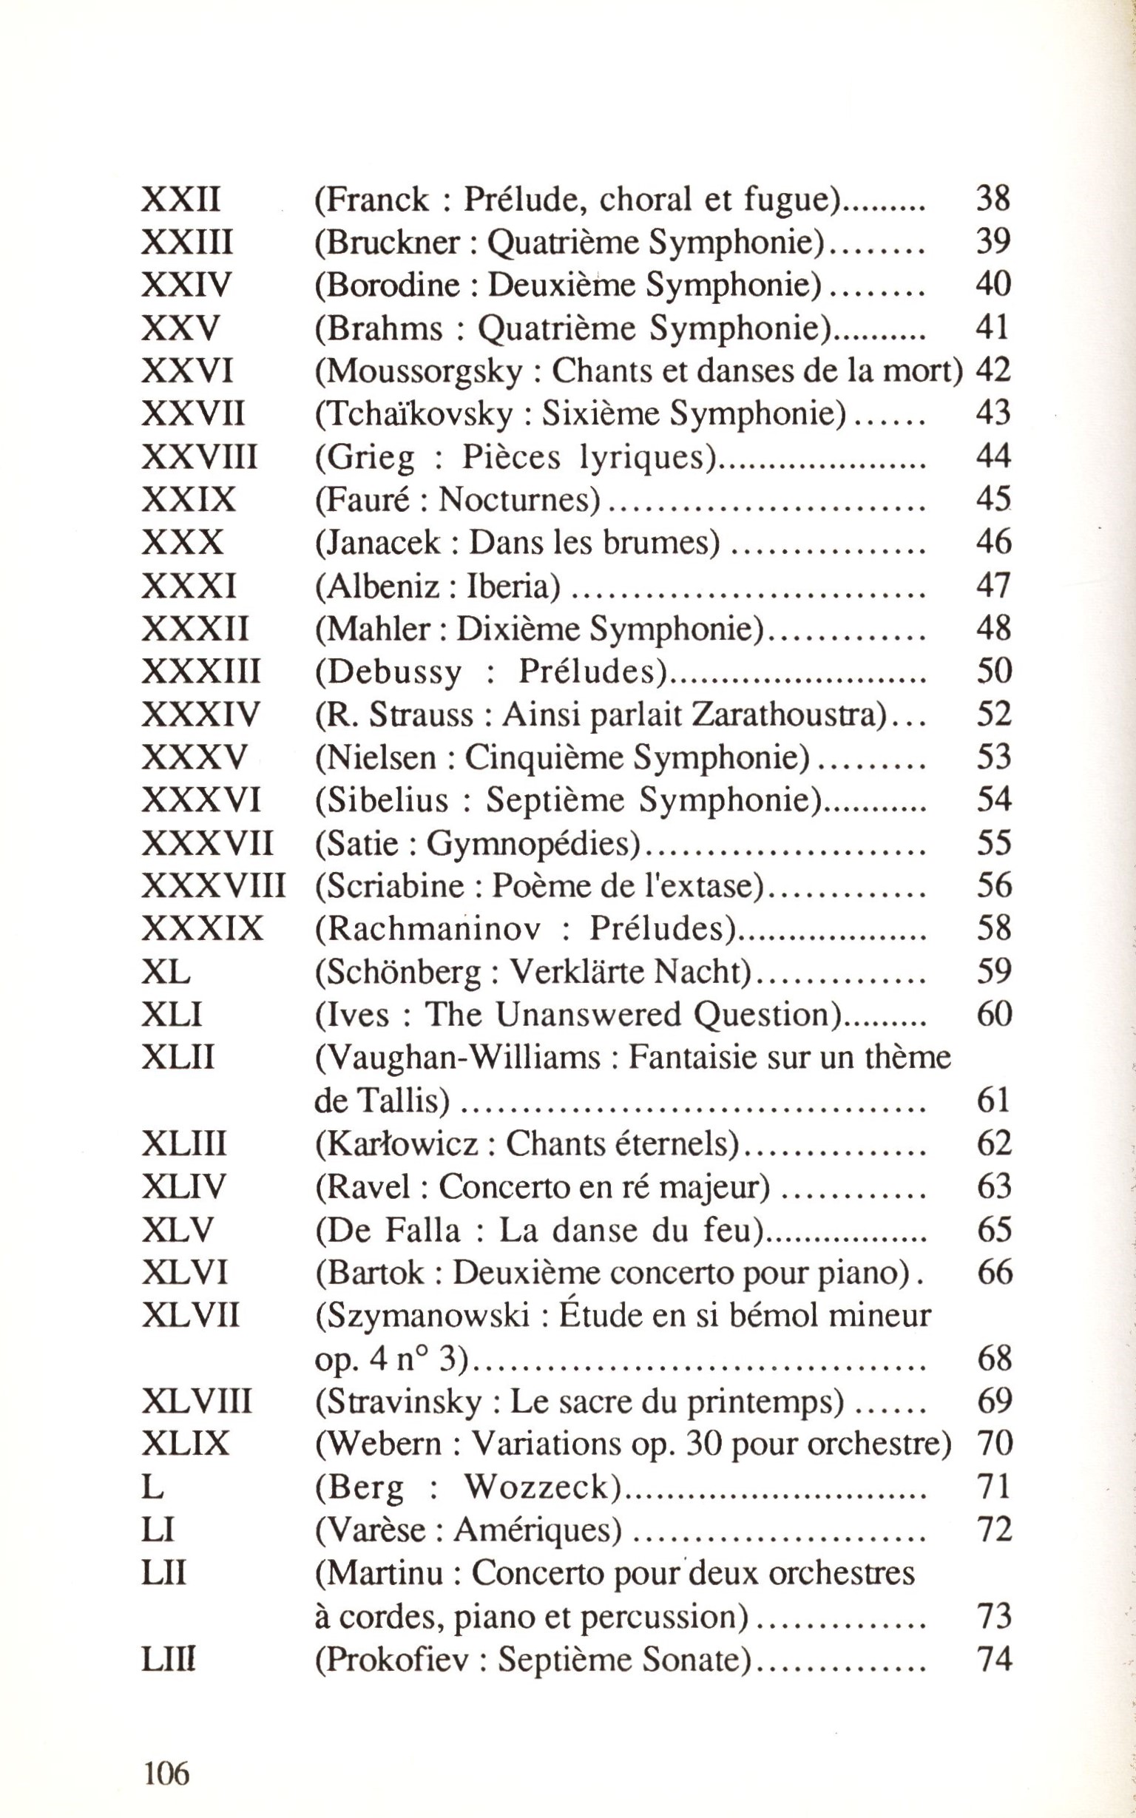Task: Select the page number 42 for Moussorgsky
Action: point(993,371)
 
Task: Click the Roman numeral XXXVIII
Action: point(214,887)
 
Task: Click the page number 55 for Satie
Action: point(993,844)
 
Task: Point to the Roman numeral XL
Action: point(165,973)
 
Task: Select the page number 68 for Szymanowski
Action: point(993,1359)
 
